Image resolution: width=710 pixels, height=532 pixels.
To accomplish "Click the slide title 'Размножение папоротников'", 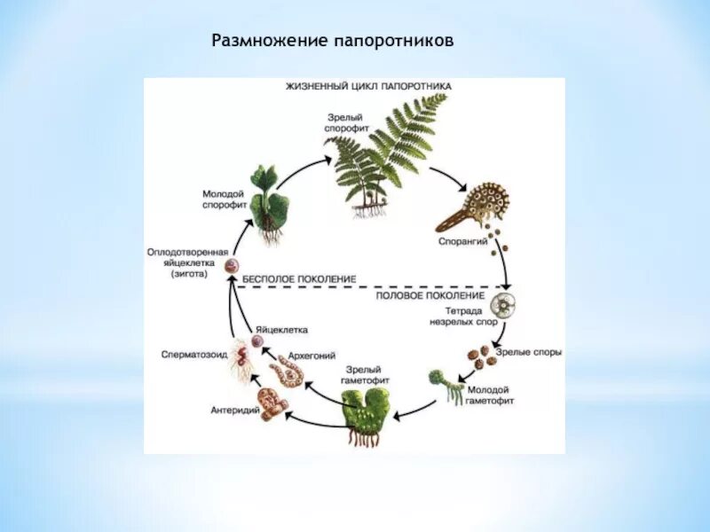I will [x=332, y=42].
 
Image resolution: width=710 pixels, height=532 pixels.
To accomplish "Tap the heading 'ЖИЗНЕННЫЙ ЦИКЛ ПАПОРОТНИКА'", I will [x=368, y=86].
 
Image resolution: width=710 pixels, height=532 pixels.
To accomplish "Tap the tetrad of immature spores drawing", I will [x=507, y=308].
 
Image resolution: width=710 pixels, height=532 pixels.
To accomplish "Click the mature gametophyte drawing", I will [x=363, y=416].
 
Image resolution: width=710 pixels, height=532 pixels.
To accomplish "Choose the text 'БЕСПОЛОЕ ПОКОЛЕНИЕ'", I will [x=299, y=278].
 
